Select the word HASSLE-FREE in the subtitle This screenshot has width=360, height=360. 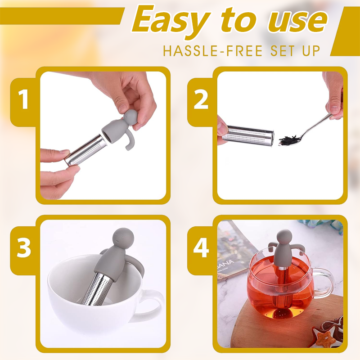[212, 51]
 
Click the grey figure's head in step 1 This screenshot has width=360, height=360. [130, 117]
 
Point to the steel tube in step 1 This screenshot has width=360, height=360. [85, 151]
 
